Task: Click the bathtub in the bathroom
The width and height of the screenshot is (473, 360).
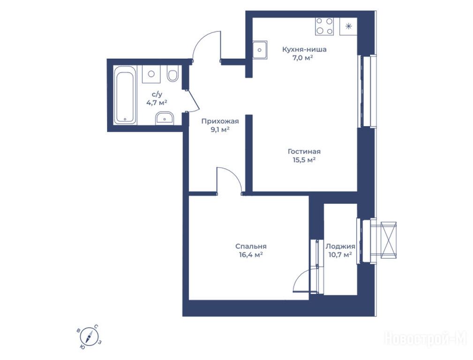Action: coord(125,95)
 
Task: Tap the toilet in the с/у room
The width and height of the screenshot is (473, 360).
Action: coord(173,74)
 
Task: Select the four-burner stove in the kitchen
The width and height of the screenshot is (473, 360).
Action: coord(324,26)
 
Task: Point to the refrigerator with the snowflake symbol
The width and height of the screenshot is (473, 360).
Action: coord(348,26)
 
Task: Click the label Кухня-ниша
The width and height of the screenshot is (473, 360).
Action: coord(304,50)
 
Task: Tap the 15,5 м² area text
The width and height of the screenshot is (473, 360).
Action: coord(304,160)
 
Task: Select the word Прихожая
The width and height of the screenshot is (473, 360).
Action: coord(220,121)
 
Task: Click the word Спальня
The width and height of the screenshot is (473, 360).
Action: coord(251,247)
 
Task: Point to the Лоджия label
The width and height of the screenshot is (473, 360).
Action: coord(340,247)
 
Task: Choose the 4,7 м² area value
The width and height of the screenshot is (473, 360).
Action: coord(157,103)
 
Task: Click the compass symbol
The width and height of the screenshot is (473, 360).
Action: coord(90,336)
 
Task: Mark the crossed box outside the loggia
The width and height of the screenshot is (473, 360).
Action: coord(389,240)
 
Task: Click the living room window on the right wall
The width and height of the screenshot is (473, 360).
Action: coord(367,91)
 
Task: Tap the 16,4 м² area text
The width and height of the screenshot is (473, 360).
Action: coord(251,255)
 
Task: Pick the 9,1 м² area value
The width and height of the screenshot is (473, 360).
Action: coord(220,130)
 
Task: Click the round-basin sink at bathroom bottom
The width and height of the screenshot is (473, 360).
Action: coord(165,118)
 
